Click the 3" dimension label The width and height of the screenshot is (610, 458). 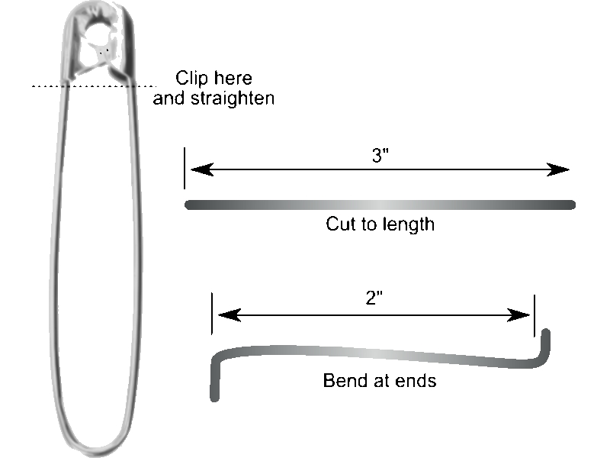click(380, 156)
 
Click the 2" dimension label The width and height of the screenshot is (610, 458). click(374, 298)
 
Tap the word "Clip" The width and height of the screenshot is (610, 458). click(192, 79)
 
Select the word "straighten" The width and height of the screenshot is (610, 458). click(233, 98)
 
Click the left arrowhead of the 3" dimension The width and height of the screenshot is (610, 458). click(202, 169)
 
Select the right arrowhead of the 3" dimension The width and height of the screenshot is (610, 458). click(558, 169)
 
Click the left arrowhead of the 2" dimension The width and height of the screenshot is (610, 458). click(230, 315)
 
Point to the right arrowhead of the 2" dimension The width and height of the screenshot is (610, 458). click(518, 315)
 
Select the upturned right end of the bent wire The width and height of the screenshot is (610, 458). click(545, 347)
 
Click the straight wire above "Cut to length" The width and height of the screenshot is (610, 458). click(380, 205)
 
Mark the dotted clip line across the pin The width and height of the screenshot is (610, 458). click(94, 86)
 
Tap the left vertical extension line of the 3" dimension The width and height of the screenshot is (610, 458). click(185, 168)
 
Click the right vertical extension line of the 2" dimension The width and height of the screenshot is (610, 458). click(535, 316)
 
